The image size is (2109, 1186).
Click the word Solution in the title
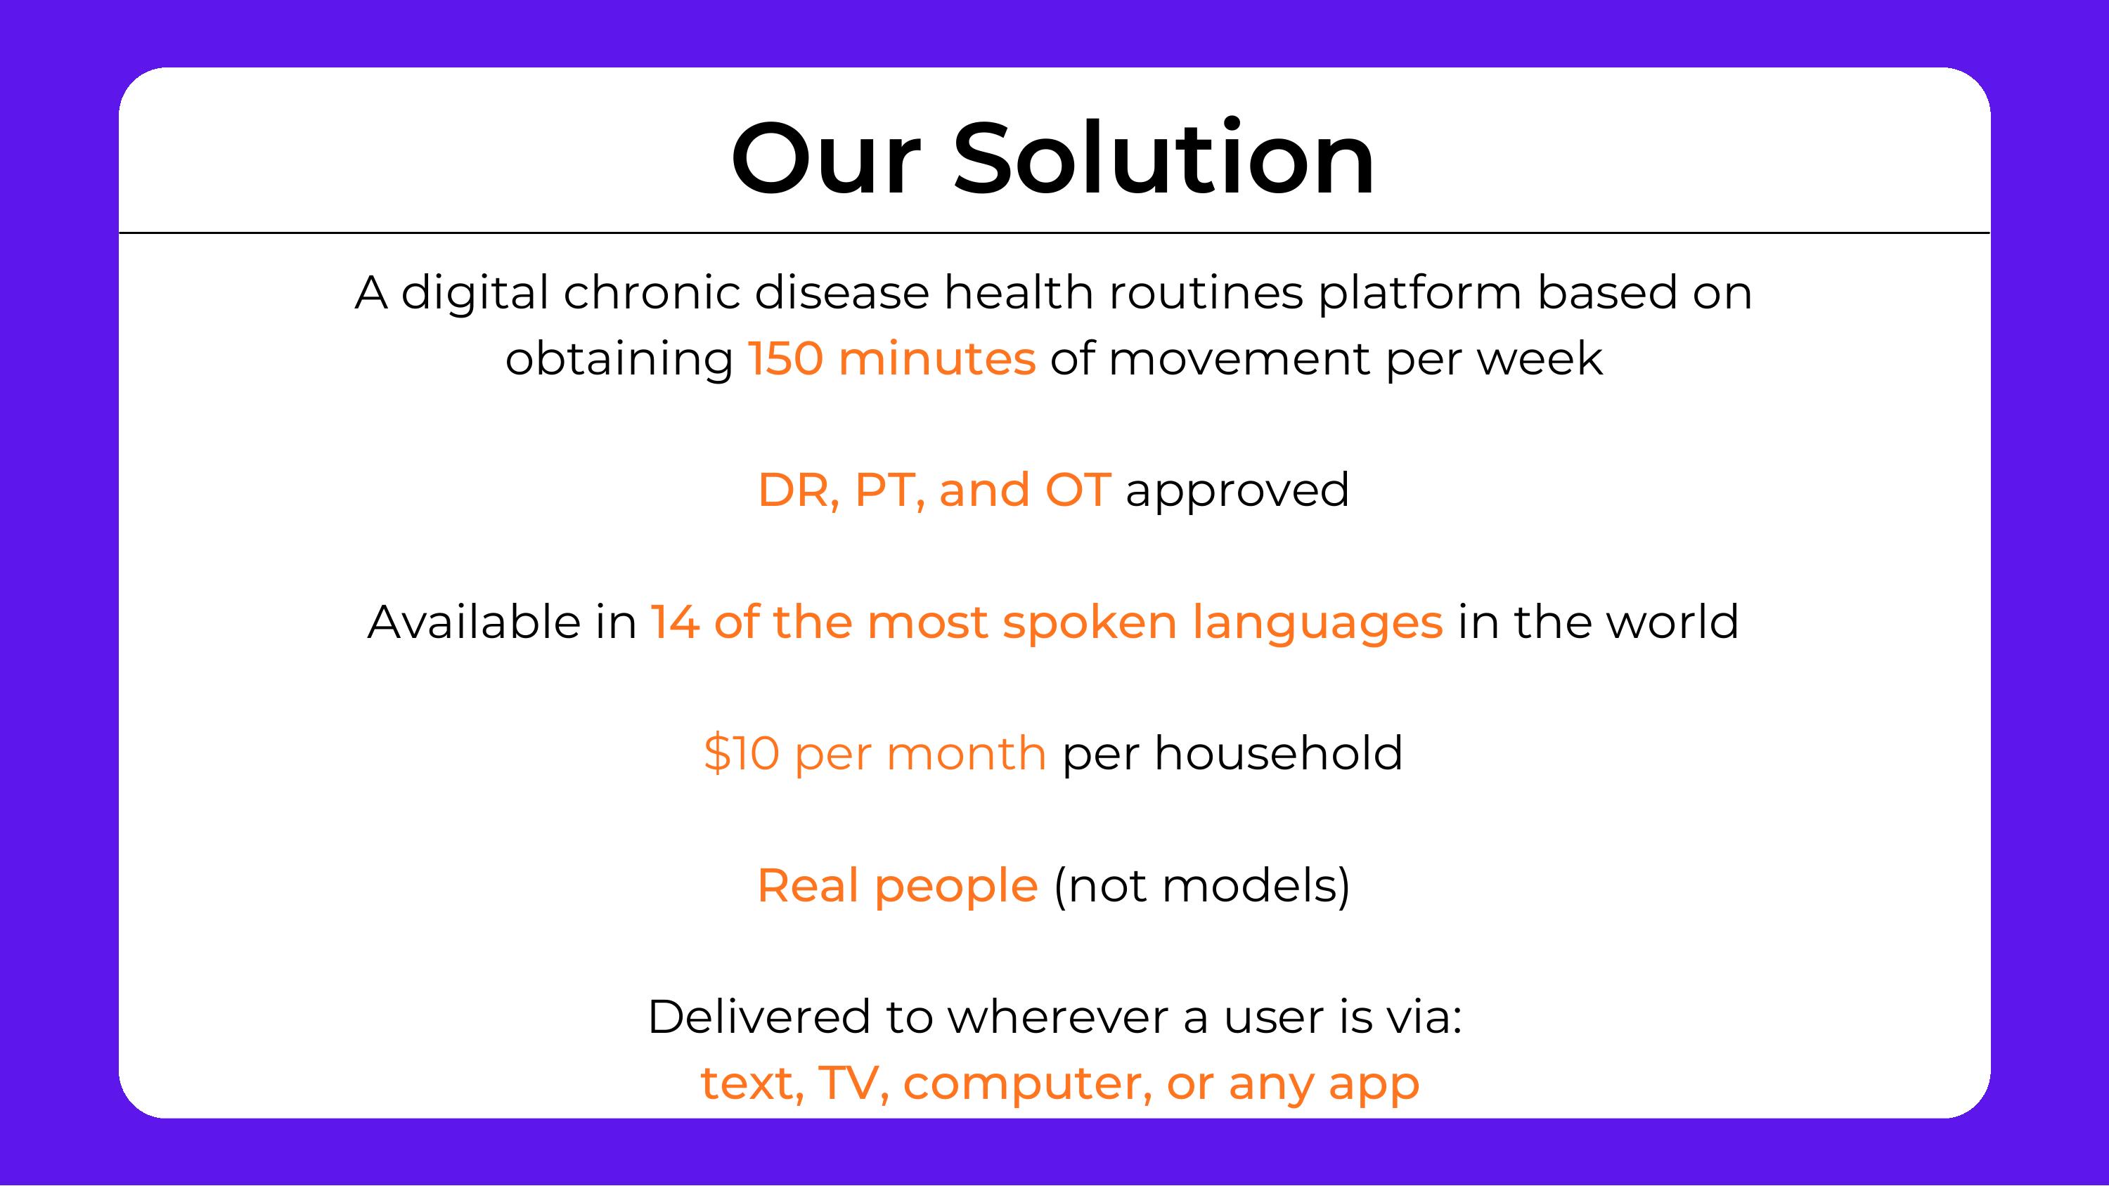tap(1163, 159)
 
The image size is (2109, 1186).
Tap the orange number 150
tap(785, 358)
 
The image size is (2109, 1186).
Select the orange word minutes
tap(936, 358)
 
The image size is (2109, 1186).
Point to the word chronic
tap(652, 292)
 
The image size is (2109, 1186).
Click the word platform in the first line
tap(1419, 292)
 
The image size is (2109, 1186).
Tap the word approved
tap(1237, 491)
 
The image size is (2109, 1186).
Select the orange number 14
tap(675, 621)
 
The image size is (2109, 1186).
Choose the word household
tap(1278, 753)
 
